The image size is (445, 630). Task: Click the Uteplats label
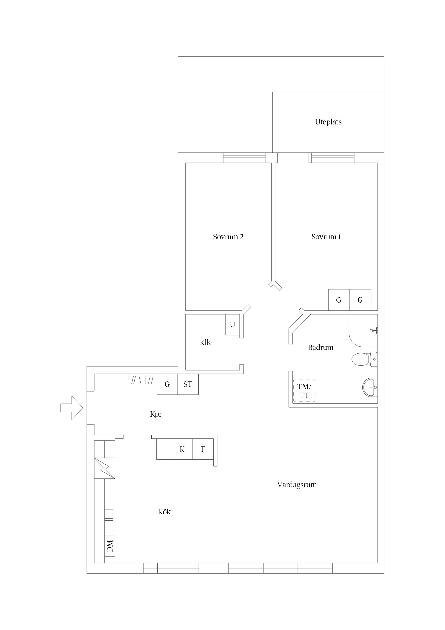click(x=328, y=122)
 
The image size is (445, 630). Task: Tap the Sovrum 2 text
click(x=228, y=237)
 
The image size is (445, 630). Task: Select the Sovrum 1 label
click(x=326, y=237)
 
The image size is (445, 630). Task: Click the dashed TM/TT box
click(x=304, y=391)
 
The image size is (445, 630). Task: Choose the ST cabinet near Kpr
click(x=188, y=384)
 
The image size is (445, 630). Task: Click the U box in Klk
click(x=232, y=325)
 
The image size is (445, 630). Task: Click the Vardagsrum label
click(x=297, y=485)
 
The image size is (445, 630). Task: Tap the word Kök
click(x=164, y=512)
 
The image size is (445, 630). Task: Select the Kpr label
click(x=156, y=414)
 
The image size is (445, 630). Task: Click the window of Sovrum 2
click(x=244, y=158)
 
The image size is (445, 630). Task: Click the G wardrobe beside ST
click(x=167, y=384)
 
